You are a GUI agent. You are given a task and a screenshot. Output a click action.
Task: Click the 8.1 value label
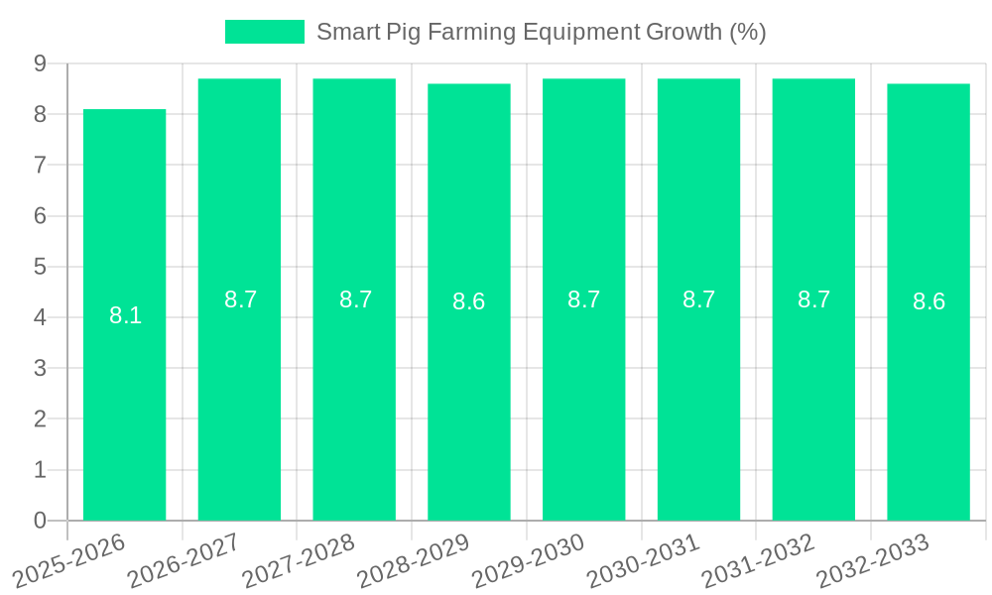point(125,316)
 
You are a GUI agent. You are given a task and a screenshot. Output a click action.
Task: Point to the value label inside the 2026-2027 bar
point(240,299)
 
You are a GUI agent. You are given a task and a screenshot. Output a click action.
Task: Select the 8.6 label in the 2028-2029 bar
point(469,301)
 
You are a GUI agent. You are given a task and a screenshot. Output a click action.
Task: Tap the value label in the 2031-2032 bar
point(813,299)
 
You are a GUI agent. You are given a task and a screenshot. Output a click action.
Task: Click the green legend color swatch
point(265,32)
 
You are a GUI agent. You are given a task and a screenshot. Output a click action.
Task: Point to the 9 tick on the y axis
point(41,63)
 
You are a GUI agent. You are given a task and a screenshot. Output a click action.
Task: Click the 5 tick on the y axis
point(41,267)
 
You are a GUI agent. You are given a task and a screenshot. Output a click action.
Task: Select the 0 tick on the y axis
point(41,521)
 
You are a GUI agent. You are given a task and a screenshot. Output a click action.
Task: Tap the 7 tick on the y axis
point(41,165)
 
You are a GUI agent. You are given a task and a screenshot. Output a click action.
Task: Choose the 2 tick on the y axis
point(41,418)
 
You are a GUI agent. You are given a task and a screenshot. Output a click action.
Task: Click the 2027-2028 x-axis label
point(299,559)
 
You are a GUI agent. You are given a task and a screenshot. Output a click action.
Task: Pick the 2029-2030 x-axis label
point(529,559)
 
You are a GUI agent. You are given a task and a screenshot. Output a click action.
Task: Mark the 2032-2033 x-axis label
point(873,559)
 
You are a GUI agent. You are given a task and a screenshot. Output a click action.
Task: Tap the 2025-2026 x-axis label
point(69,559)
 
